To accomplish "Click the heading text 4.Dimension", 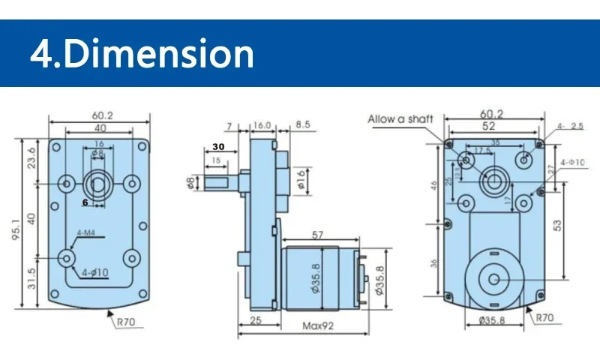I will pyautogui.click(x=142, y=54).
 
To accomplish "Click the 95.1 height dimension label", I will pyautogui.click(x=15, y=223).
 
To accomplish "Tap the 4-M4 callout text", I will pyautogui.click(x=86, y=232).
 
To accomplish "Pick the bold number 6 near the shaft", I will pyautogui.click(x=85, y=202).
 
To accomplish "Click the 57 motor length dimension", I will pyautogui.click(x=317, y=235).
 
